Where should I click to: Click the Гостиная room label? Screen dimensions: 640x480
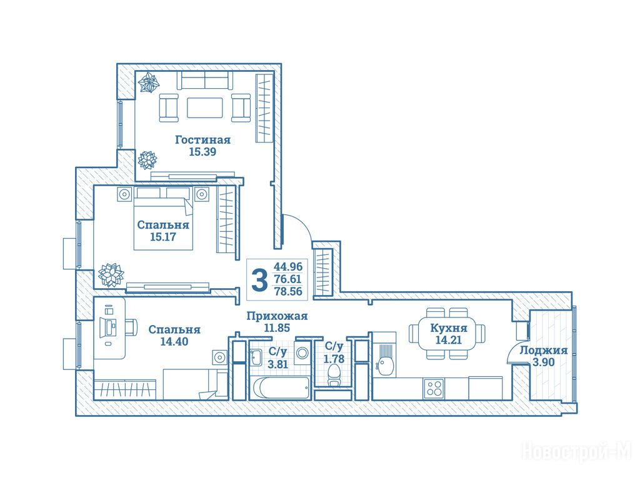pyautogui.click(x=203, y=140)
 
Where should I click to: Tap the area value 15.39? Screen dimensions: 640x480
pyautogui.click(x=202, y=152)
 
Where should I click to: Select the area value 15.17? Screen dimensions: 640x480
pyautogui.click(x=163, y=237)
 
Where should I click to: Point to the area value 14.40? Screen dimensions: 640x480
pyautogui.click(x=174, y=341)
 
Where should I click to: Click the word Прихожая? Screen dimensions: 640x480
pyautogui.click(x=277, y=316)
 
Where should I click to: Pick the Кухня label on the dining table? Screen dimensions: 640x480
pyautogui.click(x=449, y=328)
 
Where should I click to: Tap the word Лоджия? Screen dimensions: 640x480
pyautogui.click(x=543, y=351)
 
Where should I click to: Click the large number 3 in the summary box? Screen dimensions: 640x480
pyautogui.click(x=259, y=279)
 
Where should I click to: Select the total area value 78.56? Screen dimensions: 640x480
pyautogui.click(x=288, y=291)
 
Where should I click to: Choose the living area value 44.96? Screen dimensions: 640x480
pyautogui.click(x=288, y=267)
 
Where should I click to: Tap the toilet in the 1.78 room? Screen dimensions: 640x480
pyautogui.click(x=334, y=376)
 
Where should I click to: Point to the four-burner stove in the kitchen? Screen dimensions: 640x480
pyautogui.click(x=434, y=388)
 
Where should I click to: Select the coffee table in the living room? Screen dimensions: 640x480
pyautogui.click(x=205, y=107)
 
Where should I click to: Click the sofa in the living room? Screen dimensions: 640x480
pyautogui.click(x=205, y=80)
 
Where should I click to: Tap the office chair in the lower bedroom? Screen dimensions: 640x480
pyautogui.click(x=130, y=327)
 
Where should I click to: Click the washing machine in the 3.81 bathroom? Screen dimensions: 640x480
pyautogui.click(x=302, y=352)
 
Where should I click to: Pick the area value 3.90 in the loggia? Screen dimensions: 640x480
pyautogui.click(x=543, y=362)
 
